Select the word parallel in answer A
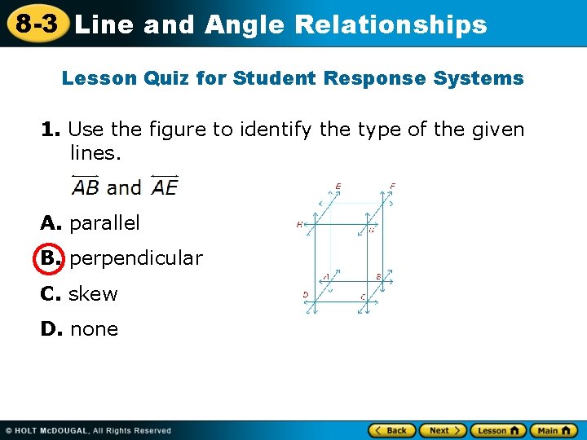pyautogui.click(x=105, y=222)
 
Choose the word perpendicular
pyautogui.click(x=136, y=258)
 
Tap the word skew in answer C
pyautogui.click(x=93, y=293)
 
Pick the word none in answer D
pyautogui.click(x=94, y=329)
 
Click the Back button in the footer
pyautogui.click(x=392, y=429)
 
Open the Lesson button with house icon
pyautogui.click(x=497, y=429)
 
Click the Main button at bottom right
pyautogui.click(x=554, y=429)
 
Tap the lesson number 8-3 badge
pyautogui.click(x=34, y=23)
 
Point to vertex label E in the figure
pyautogui.click(x=338, y=187)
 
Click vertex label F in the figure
pyautogui.click(x=393, y=187)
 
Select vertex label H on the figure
pyautogui.click(x=300, y=224)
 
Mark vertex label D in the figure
pyautogui.click(x=305, y=294)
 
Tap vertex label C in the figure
pyautogui.click(x=363, y=297)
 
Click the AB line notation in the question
pyautogui.click(x=86, y=187)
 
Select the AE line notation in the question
pyautogui.click(x=164, y=187)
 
